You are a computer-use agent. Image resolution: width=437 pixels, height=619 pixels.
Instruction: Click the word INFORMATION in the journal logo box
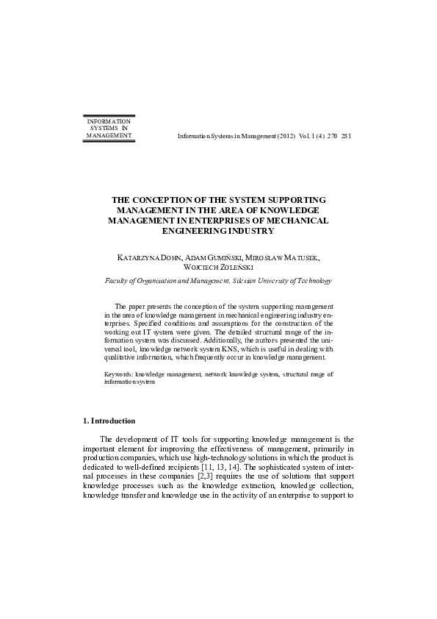[109, 121]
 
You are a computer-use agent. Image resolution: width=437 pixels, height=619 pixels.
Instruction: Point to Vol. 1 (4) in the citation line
[306, 137]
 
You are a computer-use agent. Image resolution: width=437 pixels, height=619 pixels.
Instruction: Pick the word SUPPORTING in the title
[293, 200]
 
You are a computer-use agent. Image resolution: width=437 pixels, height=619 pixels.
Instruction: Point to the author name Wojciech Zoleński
[218, 268]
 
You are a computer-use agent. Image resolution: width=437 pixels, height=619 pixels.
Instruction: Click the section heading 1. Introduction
[109, 421]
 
